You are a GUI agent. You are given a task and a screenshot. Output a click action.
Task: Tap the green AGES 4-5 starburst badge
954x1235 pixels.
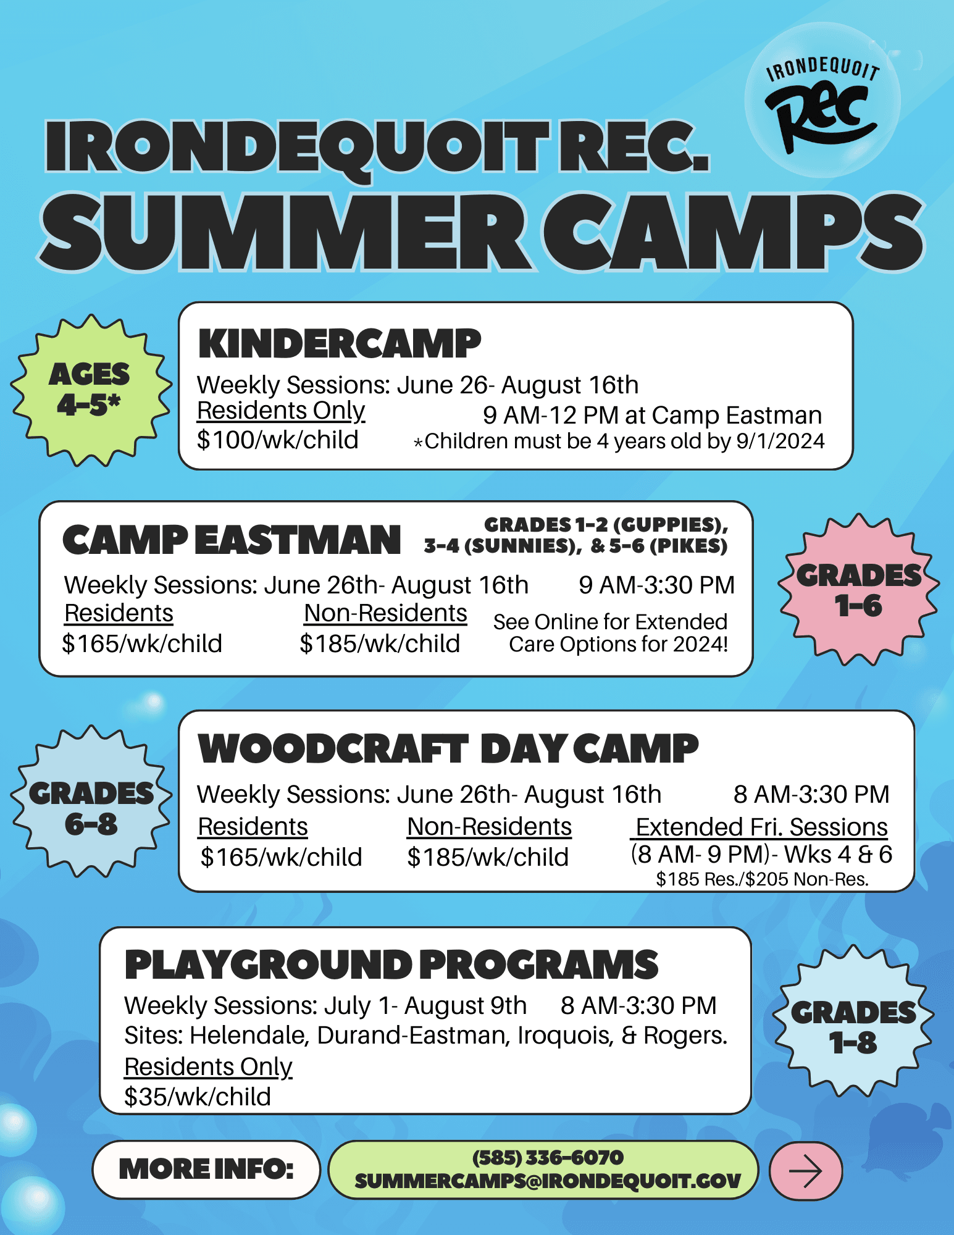click(90, 390)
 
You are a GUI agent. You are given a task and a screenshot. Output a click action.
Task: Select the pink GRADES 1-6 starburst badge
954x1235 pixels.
click(858, 590)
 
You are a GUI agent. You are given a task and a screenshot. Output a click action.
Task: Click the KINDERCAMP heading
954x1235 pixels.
click(339, 344)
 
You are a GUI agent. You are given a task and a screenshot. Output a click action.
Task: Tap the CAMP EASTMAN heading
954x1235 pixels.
click(232, 540)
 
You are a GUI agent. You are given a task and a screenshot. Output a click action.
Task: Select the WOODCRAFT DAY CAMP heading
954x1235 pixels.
click(448, 748)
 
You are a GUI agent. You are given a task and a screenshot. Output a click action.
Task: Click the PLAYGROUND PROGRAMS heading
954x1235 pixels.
click(391, 965)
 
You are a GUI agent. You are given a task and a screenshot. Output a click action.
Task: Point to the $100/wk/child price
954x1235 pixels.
click(277, 440)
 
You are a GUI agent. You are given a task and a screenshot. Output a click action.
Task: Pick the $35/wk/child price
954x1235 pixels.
click(198, 1097)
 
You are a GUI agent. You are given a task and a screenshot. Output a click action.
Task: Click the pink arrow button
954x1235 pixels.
click(805, 1171)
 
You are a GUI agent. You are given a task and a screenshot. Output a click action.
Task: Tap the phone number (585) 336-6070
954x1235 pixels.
click(548, 1157)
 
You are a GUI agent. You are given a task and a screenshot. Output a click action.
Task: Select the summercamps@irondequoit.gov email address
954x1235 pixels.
click(548, 1181)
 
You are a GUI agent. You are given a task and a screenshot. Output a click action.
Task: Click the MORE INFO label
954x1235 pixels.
click(206, 1169)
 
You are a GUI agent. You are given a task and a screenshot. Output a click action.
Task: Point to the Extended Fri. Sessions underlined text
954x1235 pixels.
click(761, 827)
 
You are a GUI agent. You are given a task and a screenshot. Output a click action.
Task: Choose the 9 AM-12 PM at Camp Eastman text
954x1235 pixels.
click(652, 415)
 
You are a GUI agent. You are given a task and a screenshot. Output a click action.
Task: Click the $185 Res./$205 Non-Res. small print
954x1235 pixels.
click(762, 879)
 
